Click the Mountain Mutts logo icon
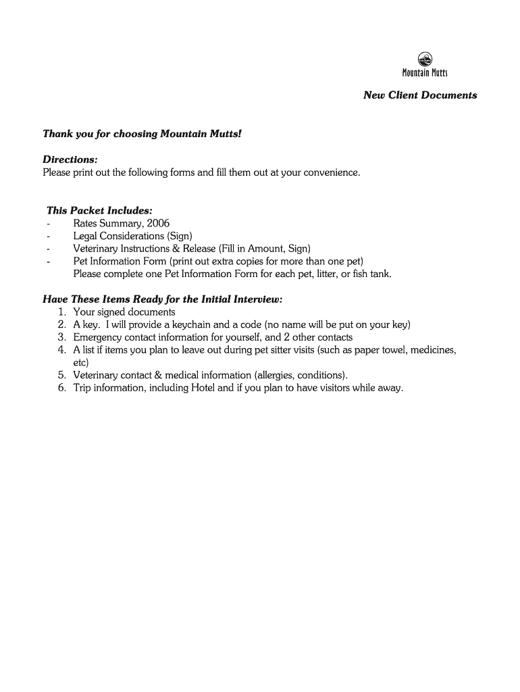tap(425, 59)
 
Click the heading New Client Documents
tap(420, 95)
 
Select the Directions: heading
tap(70, 159)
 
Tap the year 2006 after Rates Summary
tap(158, 224)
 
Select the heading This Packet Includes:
tap(95, 211)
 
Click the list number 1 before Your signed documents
tap(61, 312)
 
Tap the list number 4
tap(61, 350)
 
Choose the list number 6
tap(61, 388)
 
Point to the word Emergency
tap(97, 337)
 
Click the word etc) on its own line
tap(81, 363)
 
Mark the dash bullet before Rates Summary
tap(49, 224)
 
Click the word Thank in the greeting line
tap(57, 134)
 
